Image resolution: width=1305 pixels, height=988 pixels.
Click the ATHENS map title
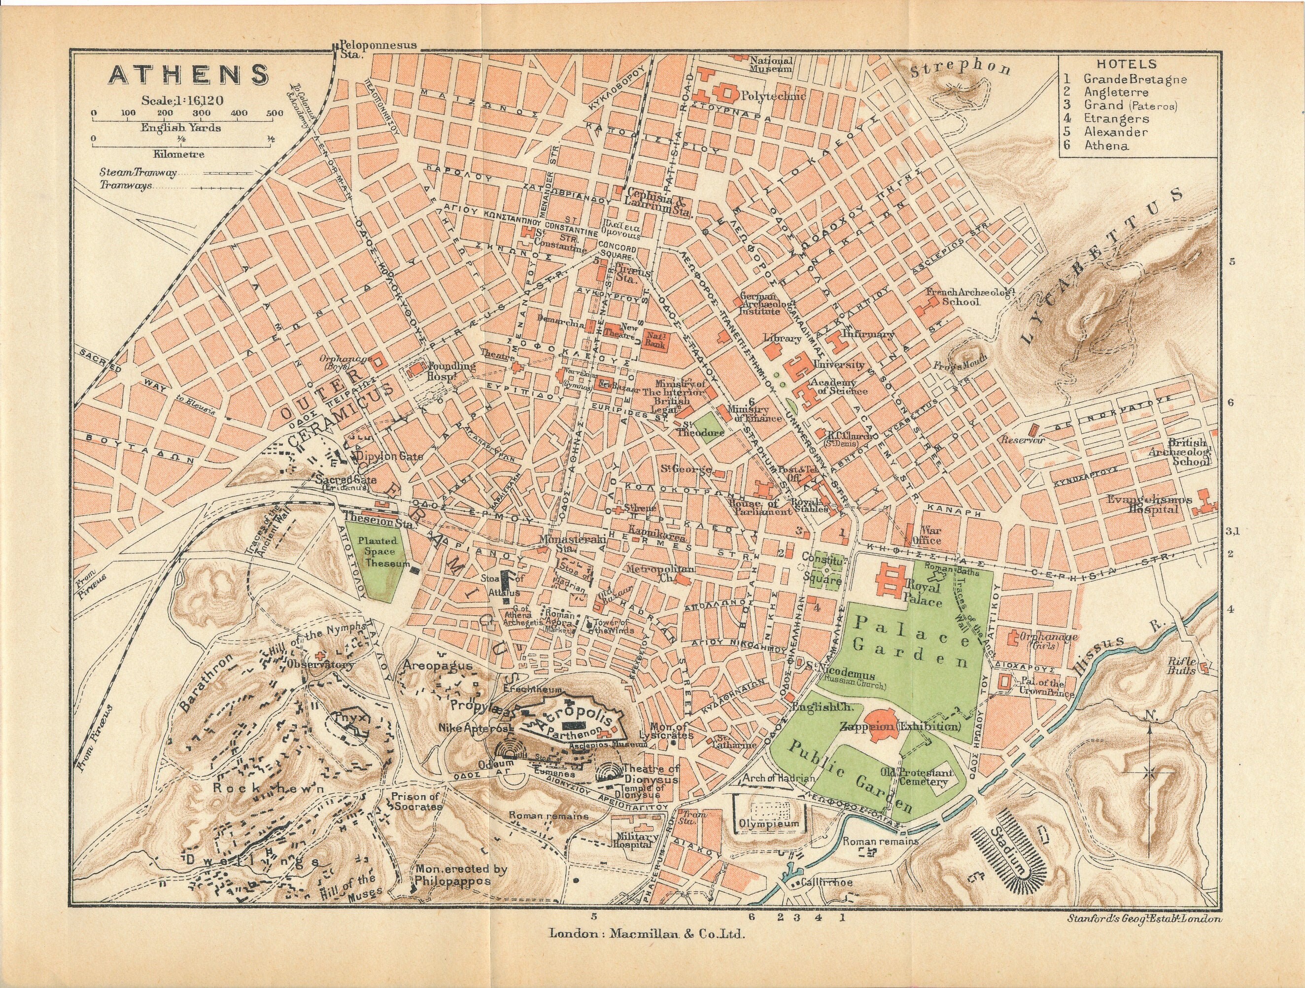point(188,75)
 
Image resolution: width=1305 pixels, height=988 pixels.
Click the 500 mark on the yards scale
point(274,113)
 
